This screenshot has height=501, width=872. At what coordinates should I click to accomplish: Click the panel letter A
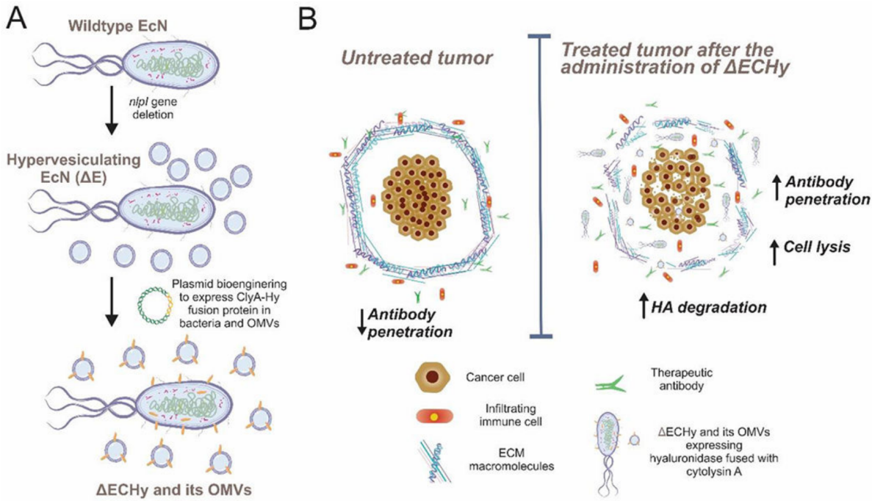[16, 18]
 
